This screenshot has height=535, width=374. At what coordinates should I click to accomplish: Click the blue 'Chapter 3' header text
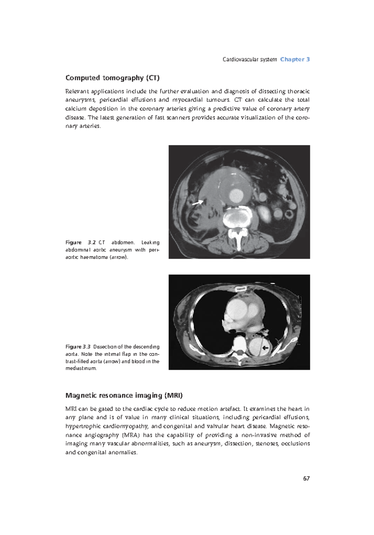[x=295, y=59]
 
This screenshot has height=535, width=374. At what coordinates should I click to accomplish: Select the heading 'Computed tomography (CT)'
[x=112, y=78]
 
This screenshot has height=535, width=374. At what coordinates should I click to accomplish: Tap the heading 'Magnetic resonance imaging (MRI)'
[x=124, y=396]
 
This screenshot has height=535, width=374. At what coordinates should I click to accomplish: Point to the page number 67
[x=306, y=478]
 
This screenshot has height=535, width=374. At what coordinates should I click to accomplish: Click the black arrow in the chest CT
[x=265, y=348]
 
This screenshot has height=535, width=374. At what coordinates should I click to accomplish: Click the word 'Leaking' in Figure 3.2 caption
[x=150, y=243]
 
